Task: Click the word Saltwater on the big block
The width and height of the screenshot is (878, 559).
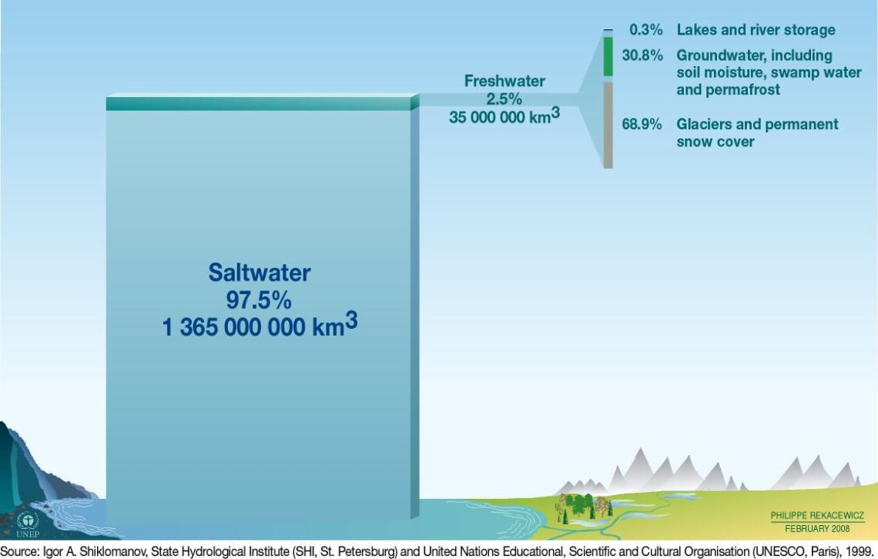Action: tap(260, 273)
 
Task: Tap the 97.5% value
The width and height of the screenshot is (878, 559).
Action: tap(259, 300)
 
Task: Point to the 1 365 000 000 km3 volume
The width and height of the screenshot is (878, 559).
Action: tap(260, 326)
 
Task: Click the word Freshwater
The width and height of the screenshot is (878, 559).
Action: tap(504, 81)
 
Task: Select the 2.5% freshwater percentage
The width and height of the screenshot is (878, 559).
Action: tap(504, 99)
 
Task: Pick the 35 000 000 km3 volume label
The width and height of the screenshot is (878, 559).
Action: tap(504, 115)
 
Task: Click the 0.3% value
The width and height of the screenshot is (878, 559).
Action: tap(645, 30)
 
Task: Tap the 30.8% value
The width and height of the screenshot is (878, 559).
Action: tap(642, 55)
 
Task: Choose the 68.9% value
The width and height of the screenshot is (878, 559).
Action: tap(642, 124)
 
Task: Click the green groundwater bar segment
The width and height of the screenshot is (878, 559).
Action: tap(608, 56)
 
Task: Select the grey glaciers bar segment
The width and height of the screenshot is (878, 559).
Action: tap(608, 126)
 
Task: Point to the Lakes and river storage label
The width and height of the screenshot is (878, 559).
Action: tap(756, 30)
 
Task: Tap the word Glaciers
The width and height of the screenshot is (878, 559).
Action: tap(702, 124)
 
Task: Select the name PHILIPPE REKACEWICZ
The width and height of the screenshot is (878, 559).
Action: tap(817, 515)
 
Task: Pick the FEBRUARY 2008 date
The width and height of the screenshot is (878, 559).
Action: tap(817, 529)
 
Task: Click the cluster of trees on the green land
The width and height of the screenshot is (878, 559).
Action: tap(584, 507)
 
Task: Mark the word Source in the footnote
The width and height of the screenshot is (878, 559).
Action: tap(19, 551)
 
